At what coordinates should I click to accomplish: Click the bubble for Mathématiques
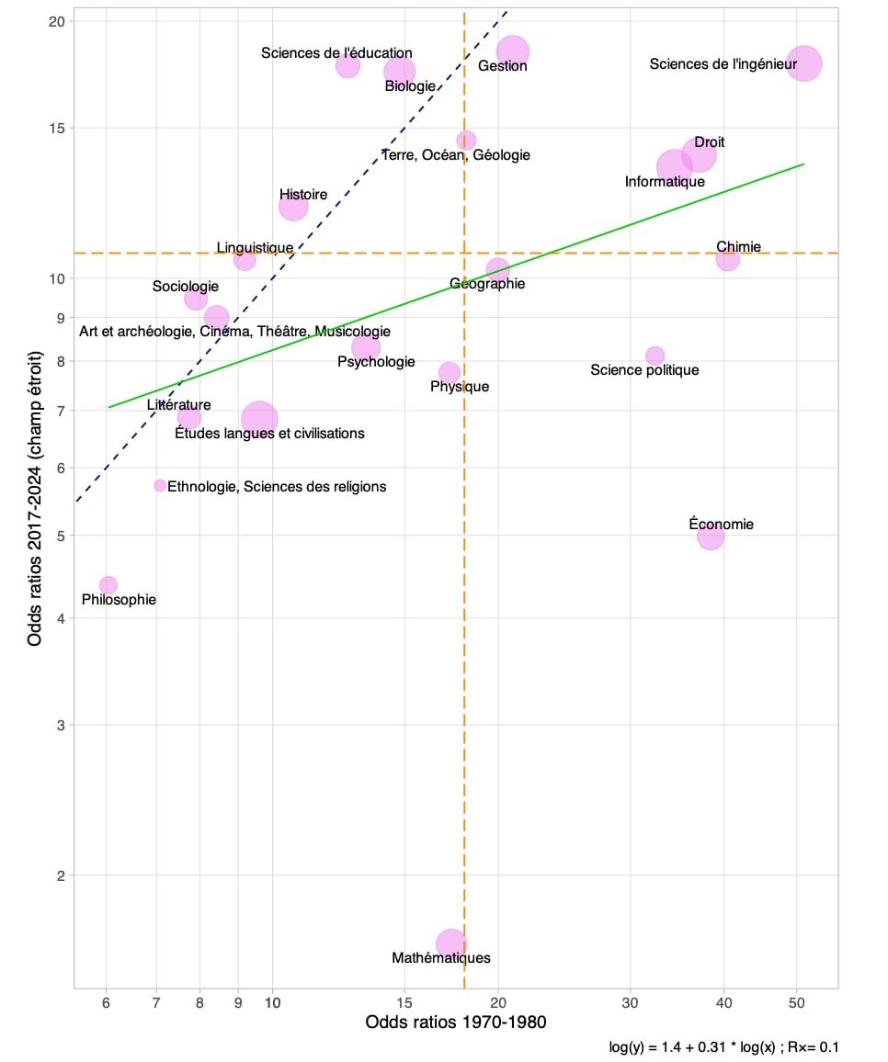tap(451, 943)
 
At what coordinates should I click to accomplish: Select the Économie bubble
tap(711, 536)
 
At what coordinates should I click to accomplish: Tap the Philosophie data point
tap(108, 585)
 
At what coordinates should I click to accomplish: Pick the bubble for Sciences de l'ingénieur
tap(804, 63)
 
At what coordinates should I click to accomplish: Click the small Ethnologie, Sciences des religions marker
tap(160, 485)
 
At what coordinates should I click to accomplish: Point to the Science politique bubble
tap(655, 356)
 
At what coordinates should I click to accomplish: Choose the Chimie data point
tap(727, 259)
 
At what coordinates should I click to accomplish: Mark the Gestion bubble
tap(513, 51)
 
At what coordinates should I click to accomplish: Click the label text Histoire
tap(303, 195)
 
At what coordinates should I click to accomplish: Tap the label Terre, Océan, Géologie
tap(456, 155)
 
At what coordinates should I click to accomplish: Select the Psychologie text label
tap(376, 362)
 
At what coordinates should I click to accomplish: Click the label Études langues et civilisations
tap(269, 433)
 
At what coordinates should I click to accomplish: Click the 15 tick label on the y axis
tap(57, 128)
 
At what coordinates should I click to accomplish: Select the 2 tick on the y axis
tap(62, 876)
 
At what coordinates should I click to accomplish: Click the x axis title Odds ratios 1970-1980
tap(456, 1022)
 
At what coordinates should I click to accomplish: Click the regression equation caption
tap(723, 1046)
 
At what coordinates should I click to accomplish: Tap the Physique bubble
tap(449, 372)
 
